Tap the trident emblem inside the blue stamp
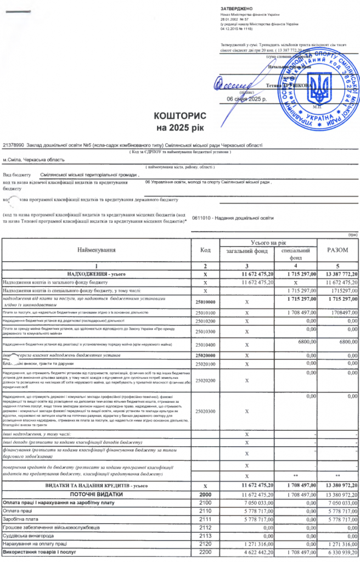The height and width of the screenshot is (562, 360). point(324,86)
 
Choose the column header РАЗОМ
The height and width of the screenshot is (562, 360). point(338,250)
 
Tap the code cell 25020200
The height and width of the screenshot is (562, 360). point(205,379)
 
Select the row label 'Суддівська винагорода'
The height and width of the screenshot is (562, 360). point(30,536)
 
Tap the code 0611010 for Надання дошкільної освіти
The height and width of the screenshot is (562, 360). point(203,218)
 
